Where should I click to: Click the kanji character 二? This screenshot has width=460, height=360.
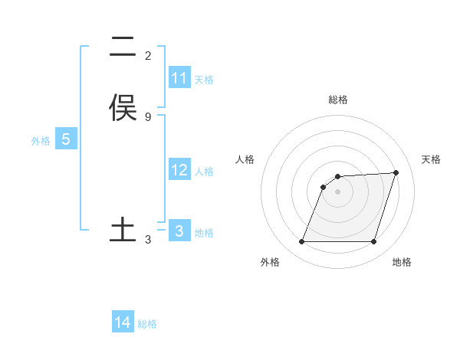click(x=123, y=47)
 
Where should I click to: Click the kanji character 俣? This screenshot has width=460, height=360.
click(x=123, y=108)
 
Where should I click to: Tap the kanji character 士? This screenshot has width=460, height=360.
click(x=123, y=230)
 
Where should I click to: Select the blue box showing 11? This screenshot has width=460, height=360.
click(x=179, y=78)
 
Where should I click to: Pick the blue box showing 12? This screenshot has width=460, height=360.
click(x=179, y=170)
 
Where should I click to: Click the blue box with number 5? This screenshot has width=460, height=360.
click(x=66, y=139)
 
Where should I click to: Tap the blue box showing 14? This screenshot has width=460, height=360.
click(x=123, y=322)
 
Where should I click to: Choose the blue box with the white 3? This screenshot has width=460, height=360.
click(x=179, y=231)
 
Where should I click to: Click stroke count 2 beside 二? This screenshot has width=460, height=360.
click(x=148, y=56)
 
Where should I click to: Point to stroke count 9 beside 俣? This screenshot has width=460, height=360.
click(x=148, y=117)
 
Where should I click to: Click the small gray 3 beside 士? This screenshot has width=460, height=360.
click(x=148, y=240)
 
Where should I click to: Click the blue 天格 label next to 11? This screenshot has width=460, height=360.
click(x=204, y=80)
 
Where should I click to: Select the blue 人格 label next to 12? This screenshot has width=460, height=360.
click(x=204, y=172)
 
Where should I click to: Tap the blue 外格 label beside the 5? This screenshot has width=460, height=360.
click(x=40, y=141)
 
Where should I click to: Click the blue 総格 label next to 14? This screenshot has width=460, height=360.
click(x=147, y=324)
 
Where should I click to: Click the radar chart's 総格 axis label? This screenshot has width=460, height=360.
click(x=338, y=100)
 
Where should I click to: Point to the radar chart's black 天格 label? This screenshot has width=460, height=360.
click(x=431, y=159)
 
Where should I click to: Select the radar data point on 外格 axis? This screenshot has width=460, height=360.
click(x=302, y=242)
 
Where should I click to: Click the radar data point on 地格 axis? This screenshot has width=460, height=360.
click(x=373, y=242)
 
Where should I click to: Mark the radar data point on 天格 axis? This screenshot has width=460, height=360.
click(x=396, y=172)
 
